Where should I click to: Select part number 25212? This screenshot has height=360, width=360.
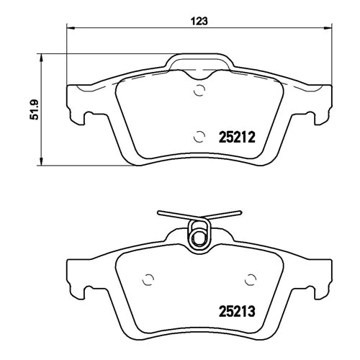point(238,135)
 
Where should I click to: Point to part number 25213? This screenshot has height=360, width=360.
point(237,313)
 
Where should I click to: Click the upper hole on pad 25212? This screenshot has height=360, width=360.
point(199,91)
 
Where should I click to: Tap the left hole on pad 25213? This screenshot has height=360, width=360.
point(150,279)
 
